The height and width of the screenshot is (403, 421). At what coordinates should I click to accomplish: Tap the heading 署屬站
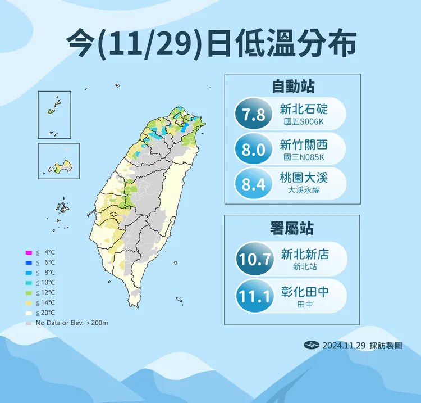pos(292,228)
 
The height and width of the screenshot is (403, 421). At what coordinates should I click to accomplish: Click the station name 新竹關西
pos(304,144)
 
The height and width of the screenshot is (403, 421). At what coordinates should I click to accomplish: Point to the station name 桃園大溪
pos(304,178)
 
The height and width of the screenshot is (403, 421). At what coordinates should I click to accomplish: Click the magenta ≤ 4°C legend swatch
pos(28,252)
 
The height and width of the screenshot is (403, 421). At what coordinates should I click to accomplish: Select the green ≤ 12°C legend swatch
pos(28,292)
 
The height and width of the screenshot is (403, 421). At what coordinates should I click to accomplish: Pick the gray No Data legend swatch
pos(28,323)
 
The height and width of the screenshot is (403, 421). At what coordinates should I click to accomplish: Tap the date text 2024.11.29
pos(343,346)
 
